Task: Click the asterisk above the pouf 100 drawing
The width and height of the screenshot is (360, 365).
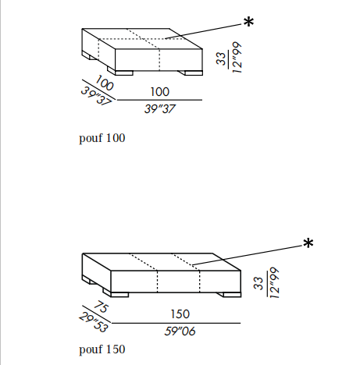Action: point(248,22)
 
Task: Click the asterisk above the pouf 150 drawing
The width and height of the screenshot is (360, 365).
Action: point(308,243)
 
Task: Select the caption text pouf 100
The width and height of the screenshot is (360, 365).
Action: point(102,138)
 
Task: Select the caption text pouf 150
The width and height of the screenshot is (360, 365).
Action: point(102,349)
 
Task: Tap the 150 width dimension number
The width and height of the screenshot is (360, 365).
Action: point(180,314)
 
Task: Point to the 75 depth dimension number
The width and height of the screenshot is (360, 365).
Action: point(101,307)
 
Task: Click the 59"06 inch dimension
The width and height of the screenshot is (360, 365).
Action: point(180,331)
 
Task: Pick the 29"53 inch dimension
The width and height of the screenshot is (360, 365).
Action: point(93,322)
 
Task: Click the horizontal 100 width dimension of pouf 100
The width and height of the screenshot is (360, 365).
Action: point(160,92)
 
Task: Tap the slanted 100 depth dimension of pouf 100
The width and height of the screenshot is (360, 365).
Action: point(104,83)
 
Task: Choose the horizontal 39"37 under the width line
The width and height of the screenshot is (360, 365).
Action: point(160,108)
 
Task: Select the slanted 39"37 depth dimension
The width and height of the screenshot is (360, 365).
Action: point(96,96)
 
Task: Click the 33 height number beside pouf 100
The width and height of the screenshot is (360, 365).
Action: point(221,58)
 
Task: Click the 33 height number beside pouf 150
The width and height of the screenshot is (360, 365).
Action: point(258,283)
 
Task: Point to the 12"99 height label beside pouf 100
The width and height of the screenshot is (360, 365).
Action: point(237,58)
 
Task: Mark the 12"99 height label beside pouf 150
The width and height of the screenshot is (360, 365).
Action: point(274,282)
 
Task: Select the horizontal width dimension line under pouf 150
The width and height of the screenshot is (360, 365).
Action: point(176,323)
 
